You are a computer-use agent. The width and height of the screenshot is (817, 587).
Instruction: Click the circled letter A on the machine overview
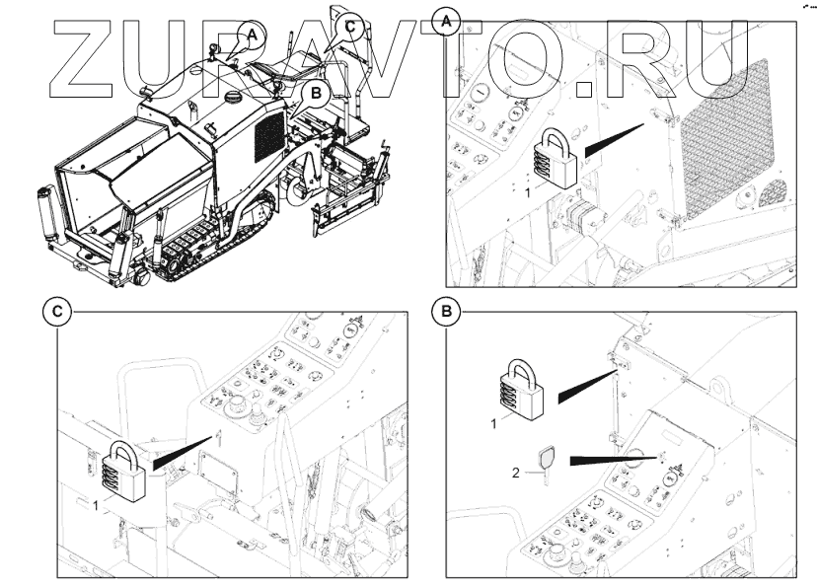click(252, 34)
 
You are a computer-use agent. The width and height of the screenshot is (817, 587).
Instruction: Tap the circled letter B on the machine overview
click(316, 94)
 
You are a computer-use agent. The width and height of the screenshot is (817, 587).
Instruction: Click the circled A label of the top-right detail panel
click(448, 19)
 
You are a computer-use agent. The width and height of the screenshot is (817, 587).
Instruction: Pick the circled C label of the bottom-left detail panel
click(58, 312)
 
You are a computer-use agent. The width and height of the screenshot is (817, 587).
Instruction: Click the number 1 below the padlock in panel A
click(528, 193)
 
